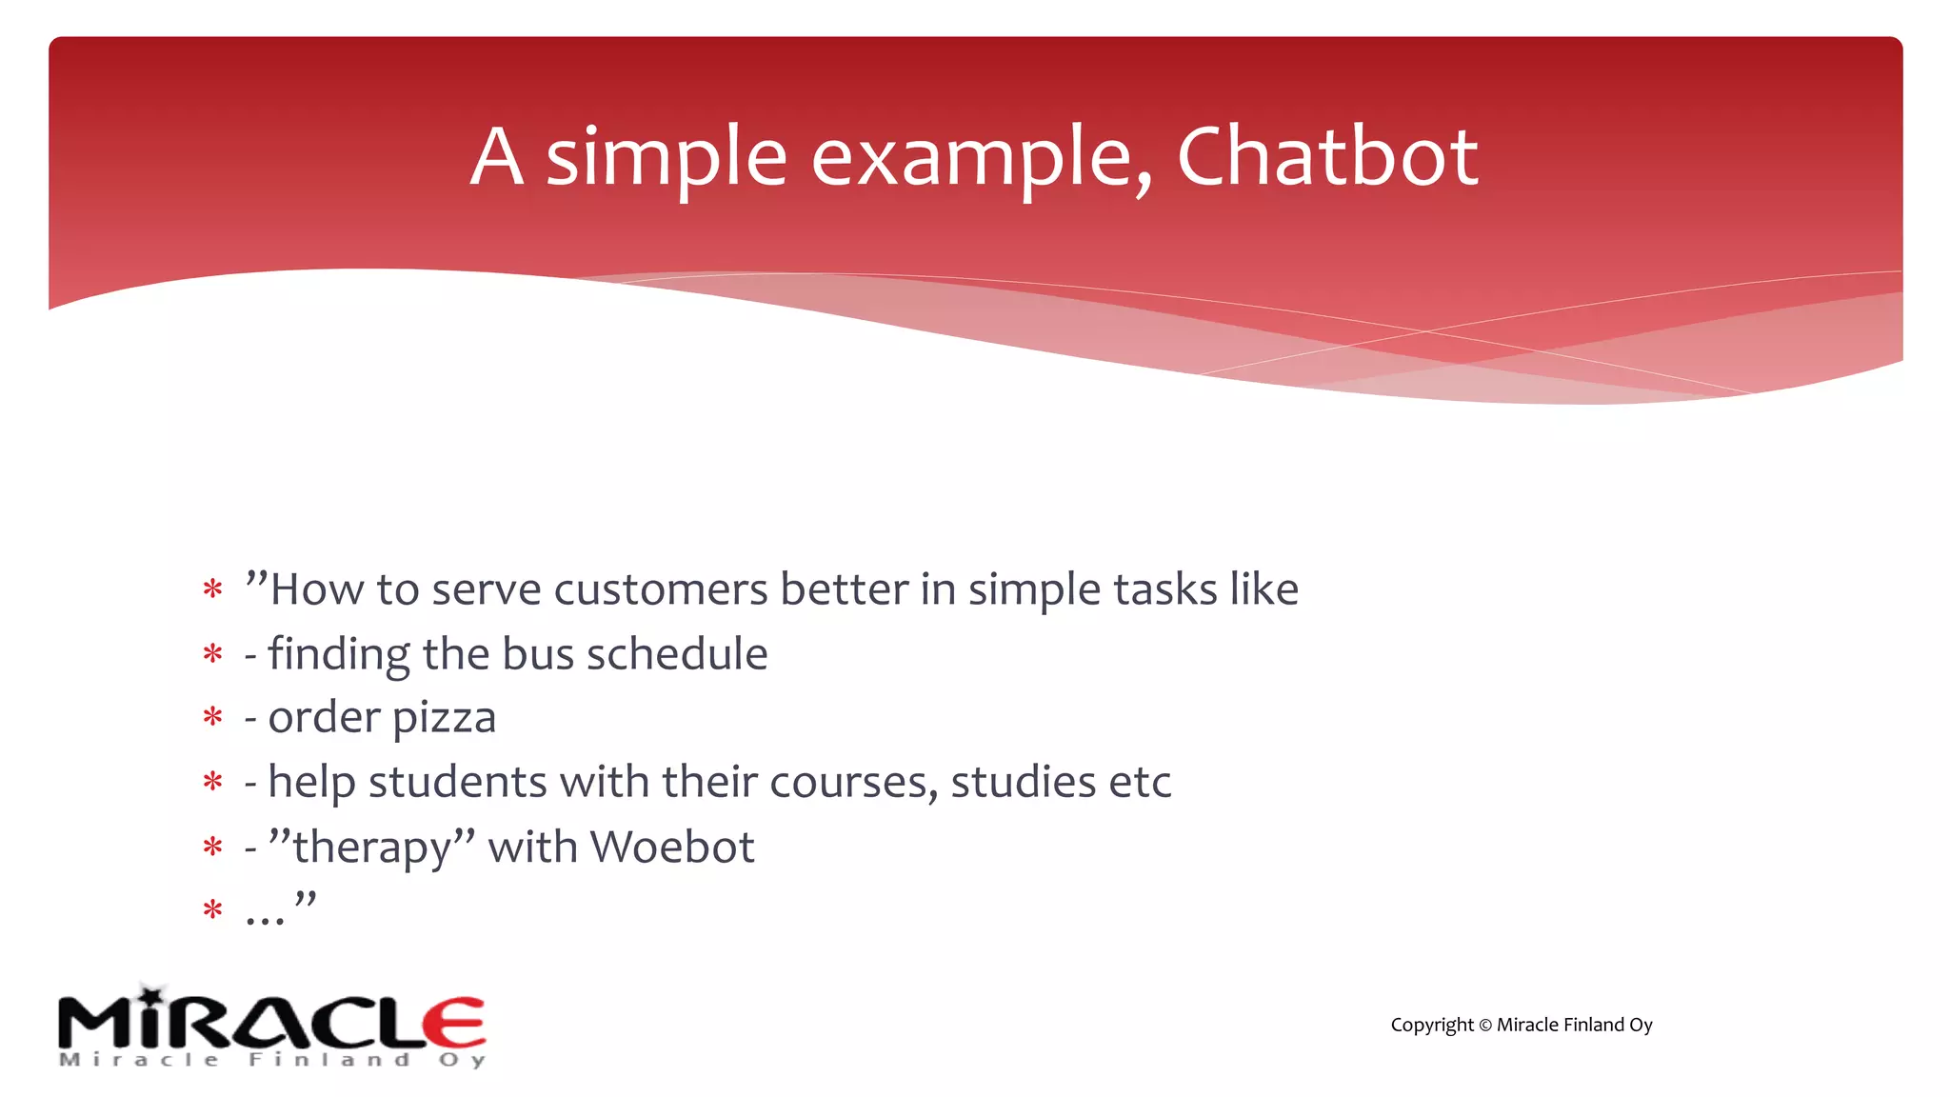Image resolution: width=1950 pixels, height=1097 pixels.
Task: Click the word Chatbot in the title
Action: (1326, 156)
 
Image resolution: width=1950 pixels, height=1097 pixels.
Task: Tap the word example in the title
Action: (981, 158)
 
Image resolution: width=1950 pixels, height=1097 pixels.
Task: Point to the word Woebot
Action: (672, 847)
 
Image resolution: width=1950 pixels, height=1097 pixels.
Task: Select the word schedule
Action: (677, 654)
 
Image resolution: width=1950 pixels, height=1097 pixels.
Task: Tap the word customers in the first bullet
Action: (661, 589)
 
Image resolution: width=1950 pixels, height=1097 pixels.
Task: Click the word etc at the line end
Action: (1139, 783)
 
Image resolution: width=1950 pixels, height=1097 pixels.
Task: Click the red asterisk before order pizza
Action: (212, 717)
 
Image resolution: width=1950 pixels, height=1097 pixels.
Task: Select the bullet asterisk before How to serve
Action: (212, 589)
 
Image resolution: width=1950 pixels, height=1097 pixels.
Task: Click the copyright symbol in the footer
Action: (1484, 1026)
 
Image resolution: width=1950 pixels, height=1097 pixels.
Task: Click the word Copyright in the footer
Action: (1431, 1026)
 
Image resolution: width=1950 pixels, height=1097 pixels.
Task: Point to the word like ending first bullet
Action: (1264, 589)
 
